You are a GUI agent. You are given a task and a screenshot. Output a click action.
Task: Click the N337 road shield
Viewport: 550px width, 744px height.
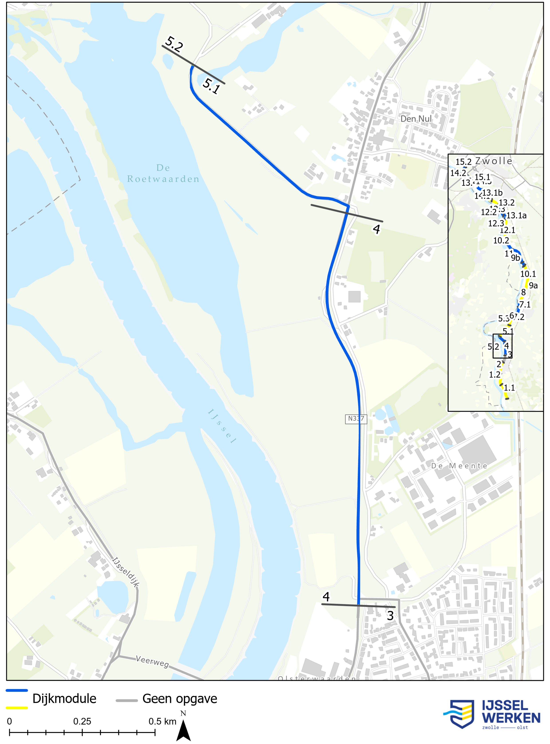[x=356, y=419]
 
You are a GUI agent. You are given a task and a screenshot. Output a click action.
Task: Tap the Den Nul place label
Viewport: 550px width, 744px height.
[x=416, y=119]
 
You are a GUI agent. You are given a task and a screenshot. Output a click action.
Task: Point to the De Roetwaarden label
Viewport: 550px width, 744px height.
[x=163, y=173]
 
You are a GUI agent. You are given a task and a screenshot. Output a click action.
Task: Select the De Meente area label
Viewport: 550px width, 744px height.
[x=459, y=466]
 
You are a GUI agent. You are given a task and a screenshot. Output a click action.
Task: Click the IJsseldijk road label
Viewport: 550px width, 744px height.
[x=126, y=572]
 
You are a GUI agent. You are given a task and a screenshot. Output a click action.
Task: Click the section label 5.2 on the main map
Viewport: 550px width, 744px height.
[x=174, y=44]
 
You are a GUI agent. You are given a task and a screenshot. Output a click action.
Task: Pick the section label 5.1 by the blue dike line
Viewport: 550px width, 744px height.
[x=211, y=86]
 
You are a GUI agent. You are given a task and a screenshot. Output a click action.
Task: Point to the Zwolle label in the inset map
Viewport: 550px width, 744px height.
[x=493, y=161]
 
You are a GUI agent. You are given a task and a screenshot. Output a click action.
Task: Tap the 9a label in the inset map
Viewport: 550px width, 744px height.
[x=533, y=285]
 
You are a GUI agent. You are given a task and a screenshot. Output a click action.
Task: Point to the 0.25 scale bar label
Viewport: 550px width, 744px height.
[x=82, y=721]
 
